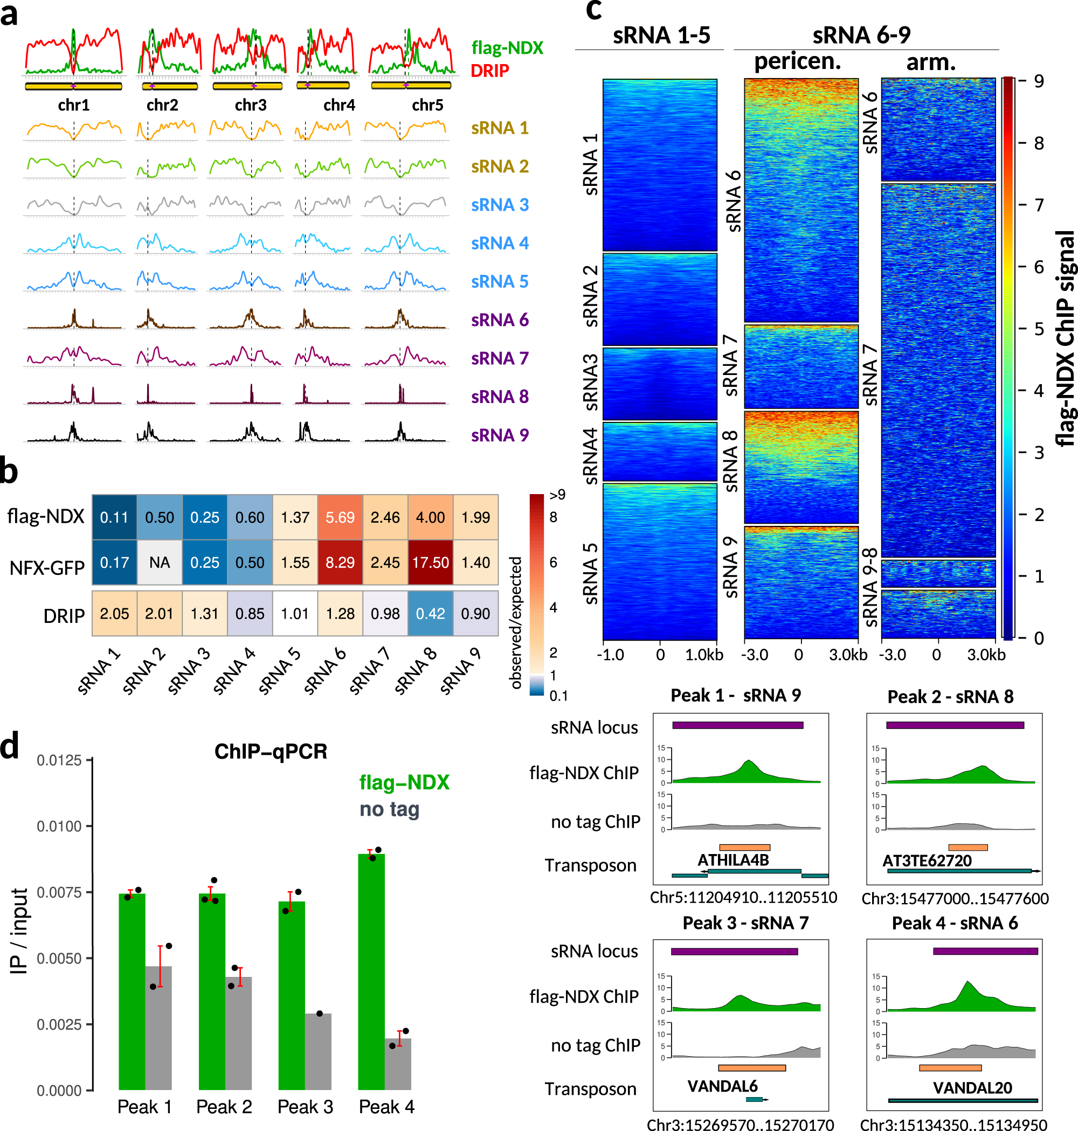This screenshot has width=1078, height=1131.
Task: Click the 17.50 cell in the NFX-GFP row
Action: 431,563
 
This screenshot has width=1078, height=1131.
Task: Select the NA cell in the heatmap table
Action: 159,563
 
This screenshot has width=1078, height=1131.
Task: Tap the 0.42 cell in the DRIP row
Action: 431,614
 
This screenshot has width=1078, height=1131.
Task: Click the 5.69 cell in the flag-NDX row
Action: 340,517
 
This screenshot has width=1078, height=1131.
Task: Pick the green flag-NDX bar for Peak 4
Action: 371,971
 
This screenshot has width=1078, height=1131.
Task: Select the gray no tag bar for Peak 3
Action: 319,1051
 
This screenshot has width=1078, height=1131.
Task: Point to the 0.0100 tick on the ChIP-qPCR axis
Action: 59,826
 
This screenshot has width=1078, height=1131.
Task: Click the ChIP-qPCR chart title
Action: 271,751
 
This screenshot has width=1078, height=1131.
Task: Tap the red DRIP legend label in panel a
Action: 489,71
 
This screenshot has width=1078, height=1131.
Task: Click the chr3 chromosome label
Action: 251,105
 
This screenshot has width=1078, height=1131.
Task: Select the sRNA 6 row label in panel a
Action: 499,320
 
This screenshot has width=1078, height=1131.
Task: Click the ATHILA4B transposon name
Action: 733,860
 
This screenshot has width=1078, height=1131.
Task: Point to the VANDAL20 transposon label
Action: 972,1087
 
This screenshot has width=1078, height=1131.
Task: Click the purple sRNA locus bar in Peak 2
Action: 955,725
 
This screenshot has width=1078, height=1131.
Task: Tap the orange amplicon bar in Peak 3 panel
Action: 751,1068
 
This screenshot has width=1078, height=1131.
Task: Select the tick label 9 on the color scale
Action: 1038,81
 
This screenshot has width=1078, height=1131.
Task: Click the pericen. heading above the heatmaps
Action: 797,61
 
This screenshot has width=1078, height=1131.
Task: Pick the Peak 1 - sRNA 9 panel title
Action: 736,696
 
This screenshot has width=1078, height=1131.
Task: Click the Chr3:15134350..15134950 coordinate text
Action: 953,1125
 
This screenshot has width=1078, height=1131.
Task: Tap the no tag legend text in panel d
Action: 389,809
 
